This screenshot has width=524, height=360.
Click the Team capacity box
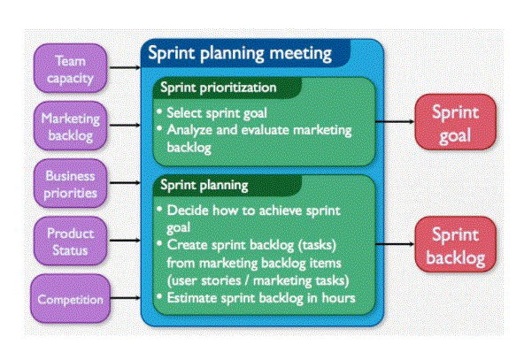(x=70, y=68)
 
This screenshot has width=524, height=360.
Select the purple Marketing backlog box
(x=70, y=126)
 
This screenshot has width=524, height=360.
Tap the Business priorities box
(x=70, y=183)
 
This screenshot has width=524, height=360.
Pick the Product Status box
(x=70, y=241)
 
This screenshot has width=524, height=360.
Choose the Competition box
(x=70, y=299)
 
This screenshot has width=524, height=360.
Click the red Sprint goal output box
(x=456, y=122)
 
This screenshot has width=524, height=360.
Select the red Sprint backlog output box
(x=456, y=244)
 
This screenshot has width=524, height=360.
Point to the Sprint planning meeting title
(x=240, y=53)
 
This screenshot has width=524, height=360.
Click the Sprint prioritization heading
(x=219, y=88)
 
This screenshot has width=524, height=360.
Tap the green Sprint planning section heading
(x=204, y=185)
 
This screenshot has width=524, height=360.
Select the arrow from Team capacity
(x=125, y=68)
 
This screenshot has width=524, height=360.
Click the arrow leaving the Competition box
(x=126, y=298)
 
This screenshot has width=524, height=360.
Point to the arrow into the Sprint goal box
(x=395, y=121)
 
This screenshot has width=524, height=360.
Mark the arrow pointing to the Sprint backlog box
(x=395, y=244)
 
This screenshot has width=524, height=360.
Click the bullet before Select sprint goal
(x=159, y=111)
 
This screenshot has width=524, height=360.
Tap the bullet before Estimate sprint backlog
(x=159, y=296)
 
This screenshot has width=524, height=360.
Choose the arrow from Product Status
(x=125, y=240)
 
